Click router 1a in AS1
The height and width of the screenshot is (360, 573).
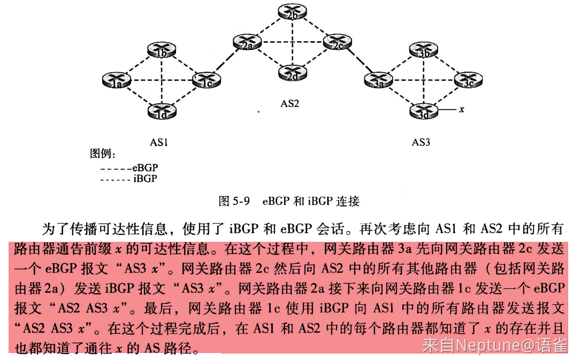pyautogui.click(x=116, y=80)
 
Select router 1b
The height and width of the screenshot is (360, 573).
pyautogui.click(x=162, y=50)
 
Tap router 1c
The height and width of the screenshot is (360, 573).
pyautogui.click(x=207, y=80)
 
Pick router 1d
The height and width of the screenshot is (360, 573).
pyautogui.click(x=162, y=111)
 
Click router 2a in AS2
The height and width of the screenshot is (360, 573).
pyautogui.click(x=247, y=42)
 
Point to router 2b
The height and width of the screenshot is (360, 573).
pyautogui.click(x=292, y=12)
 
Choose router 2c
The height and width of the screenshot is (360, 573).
pyautogui.click(x=337, y=42)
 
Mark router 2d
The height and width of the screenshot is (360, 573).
pyautogui.click(x=292, y=73)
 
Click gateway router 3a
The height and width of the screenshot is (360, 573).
pyautogui.click(x=378, y=80)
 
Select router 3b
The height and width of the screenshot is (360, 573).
pyautogui.click(x=424, y=50)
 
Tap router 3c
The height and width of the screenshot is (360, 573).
pyautogui.click(x=469, y=80)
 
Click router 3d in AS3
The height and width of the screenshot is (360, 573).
pyautogui.click(x=424, y=111)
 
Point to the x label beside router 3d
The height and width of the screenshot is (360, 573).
pyautogui.click(x=462, y=109)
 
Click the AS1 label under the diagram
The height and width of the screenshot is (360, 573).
pyautogui.click(x=159, y=142)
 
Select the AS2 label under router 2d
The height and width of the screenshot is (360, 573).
pyautogui.click(x=290, y=104)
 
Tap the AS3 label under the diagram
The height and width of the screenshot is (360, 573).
pyautogui.click(x=421, y=142)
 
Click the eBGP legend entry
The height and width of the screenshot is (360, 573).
pyautogui.click(x=129, y=168)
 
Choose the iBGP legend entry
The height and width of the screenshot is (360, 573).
pyautogui.click(x=129, y=179)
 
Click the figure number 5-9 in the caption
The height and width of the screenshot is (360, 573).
pyautogui.click(x=241, y=201)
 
